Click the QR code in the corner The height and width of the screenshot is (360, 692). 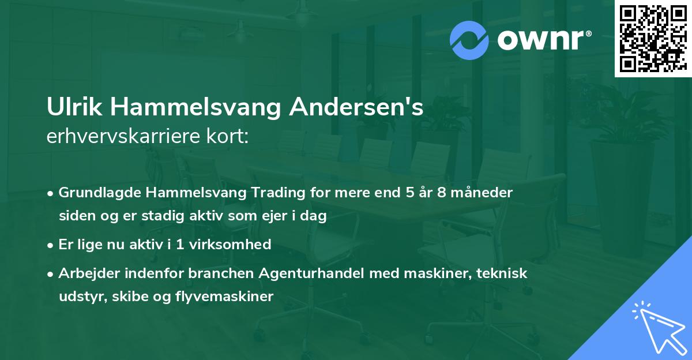click(x=652, y=38)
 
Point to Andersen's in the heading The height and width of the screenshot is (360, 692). click(x=355, y=108)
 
